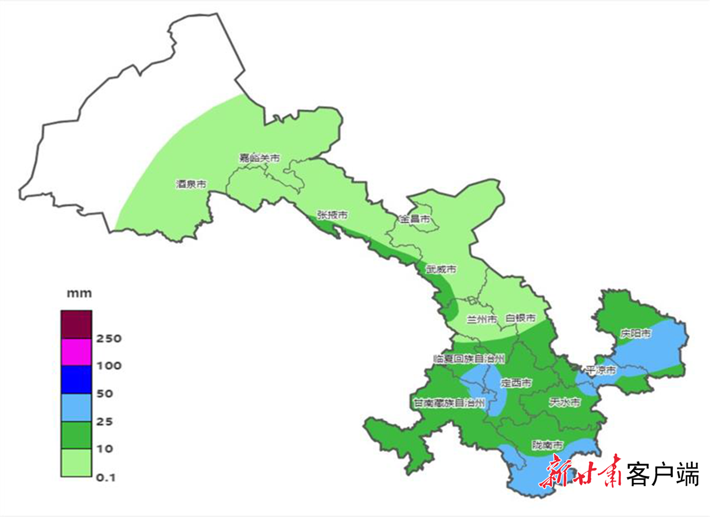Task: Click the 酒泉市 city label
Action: (x=191, y=184)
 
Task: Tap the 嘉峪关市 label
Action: (x=260, y=158)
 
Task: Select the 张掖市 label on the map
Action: (x=332, y=215)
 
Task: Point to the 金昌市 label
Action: (x=414, y=219)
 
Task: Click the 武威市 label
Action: (x=441, y=269)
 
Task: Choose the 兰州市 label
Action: (x=482, y=319)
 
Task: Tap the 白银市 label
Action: (x=521, y=318)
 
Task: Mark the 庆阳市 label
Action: (x=635, y=333)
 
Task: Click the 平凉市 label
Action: (x=600, y=370)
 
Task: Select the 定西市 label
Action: (x=516, y=383)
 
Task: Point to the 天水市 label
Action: (x=564, y=403)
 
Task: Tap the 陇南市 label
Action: (x=547, y=445)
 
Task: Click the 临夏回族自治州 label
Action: (x=469, y=359)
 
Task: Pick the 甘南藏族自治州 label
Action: (x=449, y=403)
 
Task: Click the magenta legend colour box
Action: (x=76, y=352)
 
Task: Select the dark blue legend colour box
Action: (x=76, y=379)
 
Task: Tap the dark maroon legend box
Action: (x=76, y=324)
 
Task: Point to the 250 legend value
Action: (x=109, y=339)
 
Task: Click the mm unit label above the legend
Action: (x=79, y=293)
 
